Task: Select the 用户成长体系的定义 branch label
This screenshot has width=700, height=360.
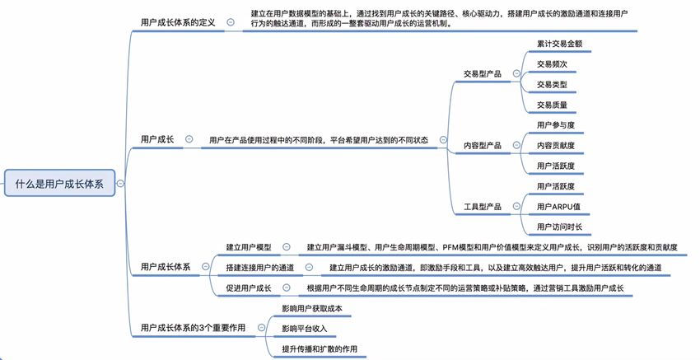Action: pyautogui.click(x=178, y=22)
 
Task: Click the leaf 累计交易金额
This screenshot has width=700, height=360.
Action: pyautogui.click(x=560, y=42)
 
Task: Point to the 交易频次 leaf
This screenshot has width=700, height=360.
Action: pyautogui.click(x=552, y=63)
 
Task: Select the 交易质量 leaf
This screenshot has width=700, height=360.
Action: pyautogui.click(x=552, y=105)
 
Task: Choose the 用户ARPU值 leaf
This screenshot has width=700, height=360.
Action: pyautogui.click(x=558, y=206)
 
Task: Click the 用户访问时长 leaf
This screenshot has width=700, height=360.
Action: pyautogui.click(x=560, y=227)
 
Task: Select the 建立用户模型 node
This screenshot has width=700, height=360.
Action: pyautogui.click(x=248, y=246)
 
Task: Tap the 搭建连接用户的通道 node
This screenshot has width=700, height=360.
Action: pyautogui.click(x=259, y=267)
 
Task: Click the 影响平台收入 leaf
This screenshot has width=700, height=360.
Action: pyautogui.click(x=306, y=328)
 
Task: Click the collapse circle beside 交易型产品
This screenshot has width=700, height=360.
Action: pyautogui.click(x=516, y=73)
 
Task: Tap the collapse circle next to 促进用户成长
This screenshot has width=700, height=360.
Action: pyautogui.click(x=287, y=288)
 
